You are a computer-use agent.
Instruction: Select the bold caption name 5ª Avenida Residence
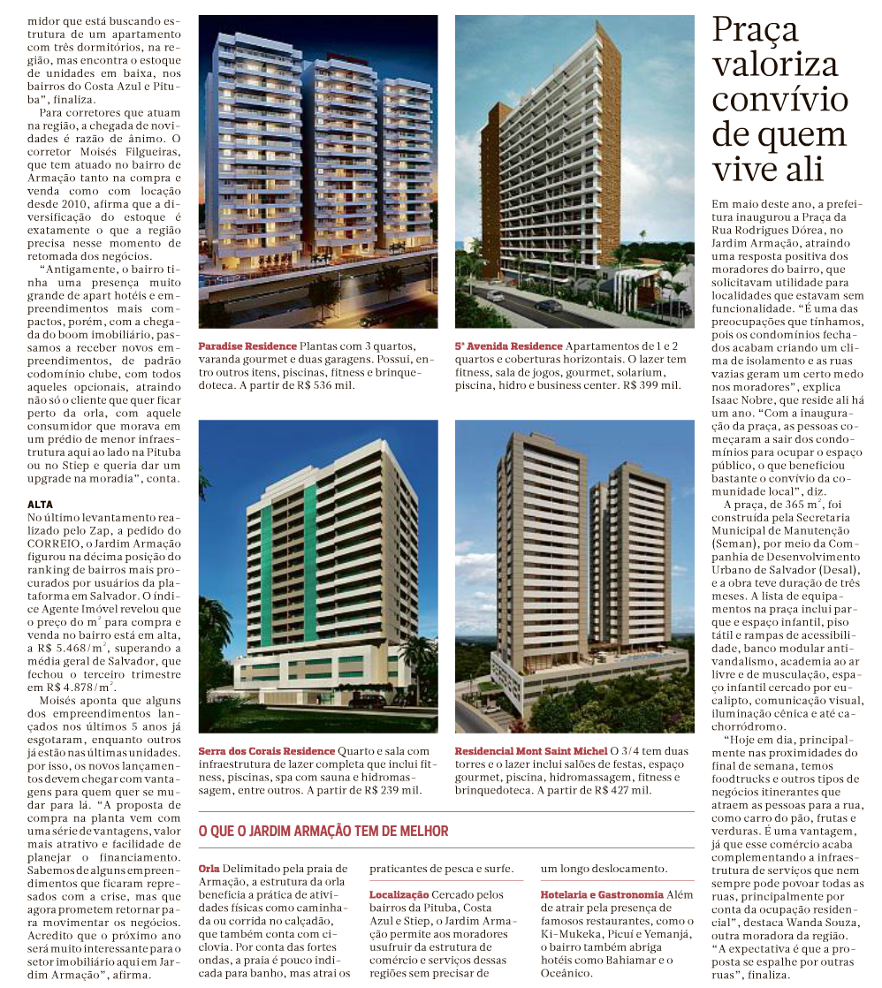[x=508, y=346]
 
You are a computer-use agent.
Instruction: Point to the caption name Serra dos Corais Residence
[x=267, y=750]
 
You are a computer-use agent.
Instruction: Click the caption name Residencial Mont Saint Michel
[x=531, y=750]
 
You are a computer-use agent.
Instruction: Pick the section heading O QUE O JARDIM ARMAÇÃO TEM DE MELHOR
[x=323, y=832]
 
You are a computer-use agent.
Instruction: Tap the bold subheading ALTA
[x=41, y=504]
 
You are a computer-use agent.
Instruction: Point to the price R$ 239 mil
[x=395, y=790]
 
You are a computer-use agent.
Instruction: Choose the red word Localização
[x=399, y=895]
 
